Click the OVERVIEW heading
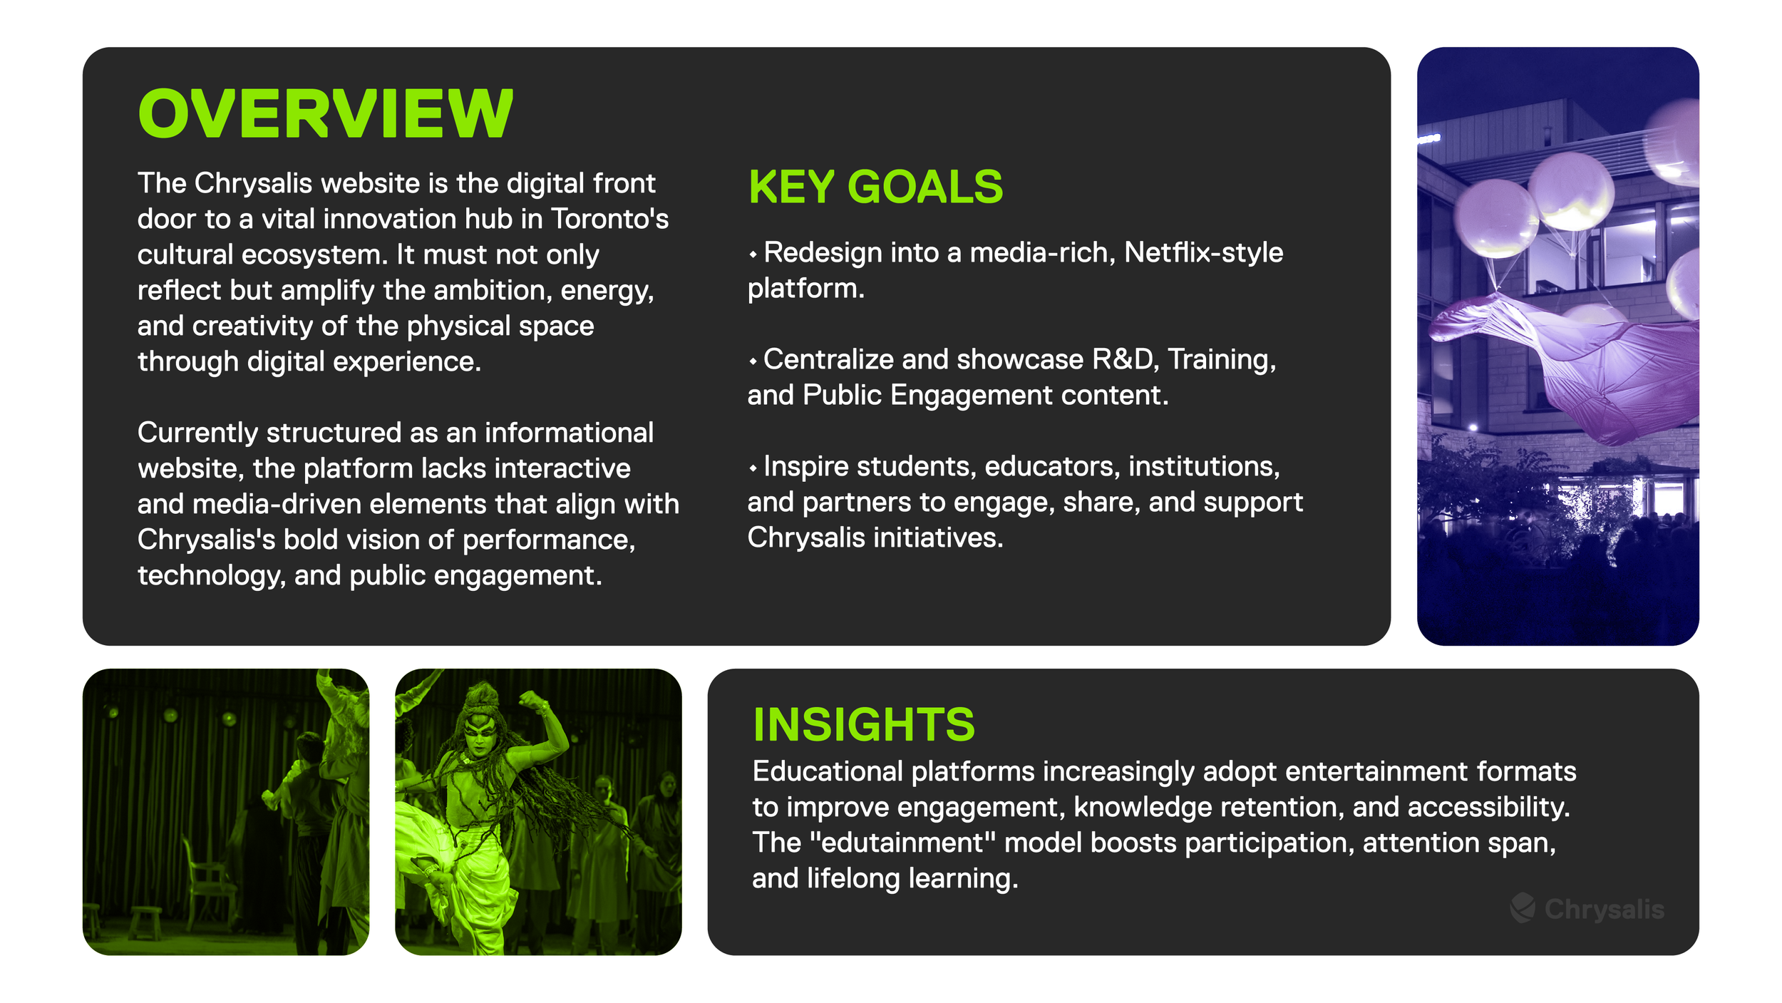[x=325, y=114]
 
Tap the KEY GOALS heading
[x=875, y=187]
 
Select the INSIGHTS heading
[x=864, y=725]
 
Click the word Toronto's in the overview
[x=610, y=219]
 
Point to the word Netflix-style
[x=1203, y=252]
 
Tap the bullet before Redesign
[x=753, y=254]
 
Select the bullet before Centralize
[x=753, y=361]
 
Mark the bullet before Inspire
[x=753, y=468]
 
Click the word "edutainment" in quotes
[x=903, y=843]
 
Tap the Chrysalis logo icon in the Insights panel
[x=1523, y=907]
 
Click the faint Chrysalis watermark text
[x=1604, y=910]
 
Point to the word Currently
[x=197, y=433]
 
